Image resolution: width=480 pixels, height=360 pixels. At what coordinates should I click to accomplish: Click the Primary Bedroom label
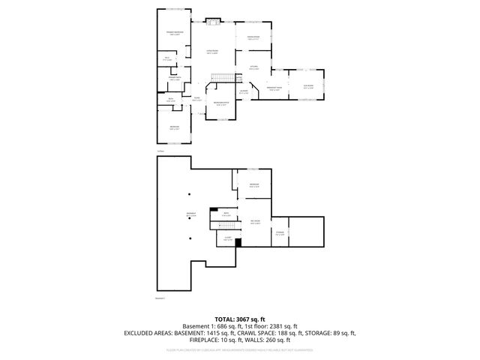click(x=175, y=32)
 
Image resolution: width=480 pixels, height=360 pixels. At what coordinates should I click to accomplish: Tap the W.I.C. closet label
click(x=167, y=58)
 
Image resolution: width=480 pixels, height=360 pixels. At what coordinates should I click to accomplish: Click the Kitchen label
click(x=254, y=68)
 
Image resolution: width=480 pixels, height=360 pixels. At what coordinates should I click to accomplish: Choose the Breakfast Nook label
click(x=274, y=89)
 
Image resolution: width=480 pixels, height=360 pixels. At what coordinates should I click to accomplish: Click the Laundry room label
click(x=244, y=92)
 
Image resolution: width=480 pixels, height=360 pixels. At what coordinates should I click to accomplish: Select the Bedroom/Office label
click(x=220, y=103)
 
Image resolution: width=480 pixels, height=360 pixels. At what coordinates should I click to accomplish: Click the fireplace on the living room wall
click(x=212, y=21)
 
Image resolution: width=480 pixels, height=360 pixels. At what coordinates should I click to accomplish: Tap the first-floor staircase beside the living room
click(x=220, y=77)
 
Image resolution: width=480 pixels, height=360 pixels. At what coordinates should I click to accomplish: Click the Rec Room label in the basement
click(x=255, y=221)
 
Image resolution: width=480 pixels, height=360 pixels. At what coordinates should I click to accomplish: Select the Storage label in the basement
click(x=280, y=233)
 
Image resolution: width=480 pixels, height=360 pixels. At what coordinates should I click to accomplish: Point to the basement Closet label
click(x=227, y=239)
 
